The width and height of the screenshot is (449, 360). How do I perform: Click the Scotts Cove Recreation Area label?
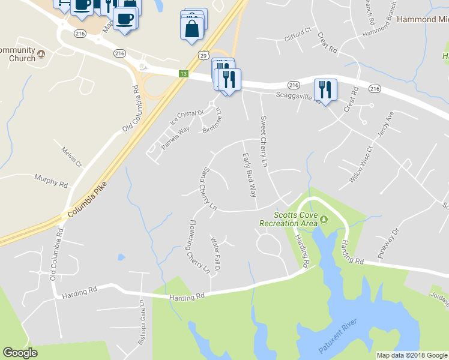point(288,219)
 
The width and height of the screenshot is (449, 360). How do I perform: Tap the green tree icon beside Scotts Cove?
point(325,219)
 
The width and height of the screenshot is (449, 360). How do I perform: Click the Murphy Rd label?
point(51,179)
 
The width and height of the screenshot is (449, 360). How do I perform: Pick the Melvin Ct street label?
point(71,155)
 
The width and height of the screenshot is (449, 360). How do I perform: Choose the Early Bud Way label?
point(249,175)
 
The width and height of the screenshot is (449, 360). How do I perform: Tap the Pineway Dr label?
point(388,243)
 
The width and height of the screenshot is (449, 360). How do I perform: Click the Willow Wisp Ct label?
point(361,164)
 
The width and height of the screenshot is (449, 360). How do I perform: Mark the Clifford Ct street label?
point(298,38)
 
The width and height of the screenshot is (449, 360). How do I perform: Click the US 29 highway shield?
point(204,55)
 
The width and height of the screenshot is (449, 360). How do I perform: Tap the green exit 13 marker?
point(184,73)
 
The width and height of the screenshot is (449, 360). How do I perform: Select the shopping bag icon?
point(191,29)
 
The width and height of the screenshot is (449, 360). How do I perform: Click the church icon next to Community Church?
point(41,55)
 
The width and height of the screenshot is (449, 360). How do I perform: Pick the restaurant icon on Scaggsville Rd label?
point(325,89)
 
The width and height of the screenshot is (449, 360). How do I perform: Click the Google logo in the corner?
point(20,353)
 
